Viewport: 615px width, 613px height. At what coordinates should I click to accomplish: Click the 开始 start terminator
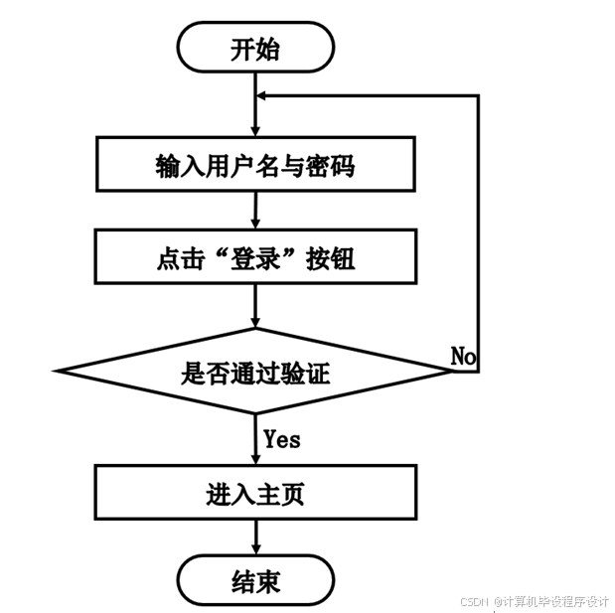point(255,50)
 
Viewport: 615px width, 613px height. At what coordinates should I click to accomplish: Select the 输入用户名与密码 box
point(255,165)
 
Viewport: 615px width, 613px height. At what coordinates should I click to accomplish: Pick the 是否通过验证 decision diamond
point(255,373)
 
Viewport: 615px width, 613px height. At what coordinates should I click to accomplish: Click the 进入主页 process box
point(255,493)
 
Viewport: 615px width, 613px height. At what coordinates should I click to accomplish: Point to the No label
point(463,356)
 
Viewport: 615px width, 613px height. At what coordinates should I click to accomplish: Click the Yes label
point(282,438)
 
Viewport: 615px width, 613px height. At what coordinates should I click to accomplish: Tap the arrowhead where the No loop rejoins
point(263,94)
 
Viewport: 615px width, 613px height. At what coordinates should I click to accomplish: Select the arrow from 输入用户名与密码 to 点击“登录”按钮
point(256,212)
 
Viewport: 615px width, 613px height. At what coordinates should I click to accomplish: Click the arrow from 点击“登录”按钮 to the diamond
point(256,306)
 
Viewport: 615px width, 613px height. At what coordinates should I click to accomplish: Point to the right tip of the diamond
point(452,372)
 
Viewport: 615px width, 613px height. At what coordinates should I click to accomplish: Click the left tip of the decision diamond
point(59,372)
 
